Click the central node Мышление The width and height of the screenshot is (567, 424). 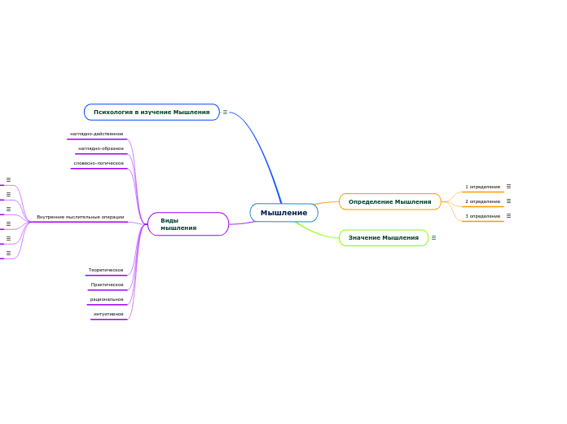(x=283, y=213)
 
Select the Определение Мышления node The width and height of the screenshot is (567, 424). (x=389, y=201)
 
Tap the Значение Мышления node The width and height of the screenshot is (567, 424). (x=383, y=238)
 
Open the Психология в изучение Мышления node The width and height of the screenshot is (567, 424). (x=152, y=112)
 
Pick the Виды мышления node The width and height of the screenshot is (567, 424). (x=187, y=224)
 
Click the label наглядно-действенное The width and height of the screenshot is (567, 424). (x=97, y=134)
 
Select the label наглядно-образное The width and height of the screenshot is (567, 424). (x=101, y=148)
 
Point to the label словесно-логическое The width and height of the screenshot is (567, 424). (x=99, y=163)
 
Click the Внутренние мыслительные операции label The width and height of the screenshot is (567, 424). (x=81, y=217)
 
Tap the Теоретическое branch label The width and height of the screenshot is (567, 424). (x=106, y=270)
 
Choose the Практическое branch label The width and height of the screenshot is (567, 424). (x=108, y=285)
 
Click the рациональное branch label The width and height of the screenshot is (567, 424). (x=107, y=299)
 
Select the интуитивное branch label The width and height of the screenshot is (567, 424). (x=108, y=314)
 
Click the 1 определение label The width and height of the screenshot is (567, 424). (x=482, y=187)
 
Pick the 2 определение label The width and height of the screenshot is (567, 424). (x=482, y=201)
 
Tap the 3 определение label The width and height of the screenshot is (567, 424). (x=482, y=216)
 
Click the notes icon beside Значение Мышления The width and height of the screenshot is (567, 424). (x=433, y=238)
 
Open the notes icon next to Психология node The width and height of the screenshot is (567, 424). (x=225, y=112)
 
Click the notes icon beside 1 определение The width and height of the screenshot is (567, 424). (x=508, y=186)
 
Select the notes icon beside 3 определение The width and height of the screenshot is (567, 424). (x=508, y=215)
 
